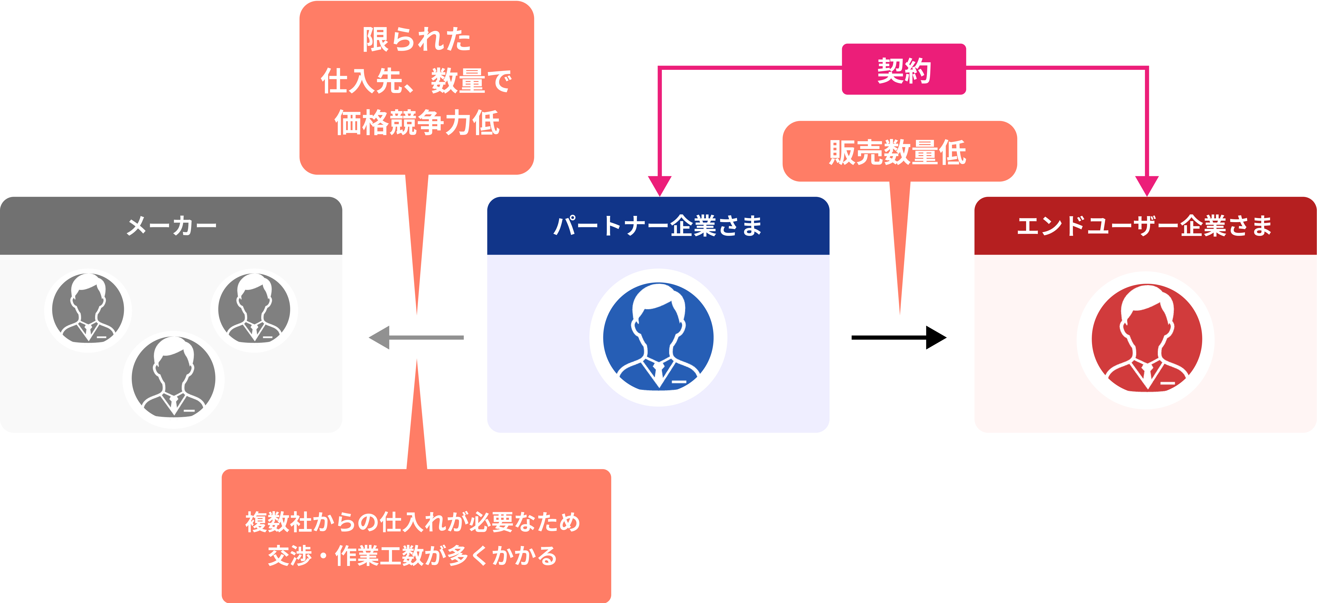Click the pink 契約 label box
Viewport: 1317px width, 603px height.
pos(903,69)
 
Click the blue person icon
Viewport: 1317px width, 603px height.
pos(658,337)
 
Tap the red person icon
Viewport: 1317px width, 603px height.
pos(1146,339)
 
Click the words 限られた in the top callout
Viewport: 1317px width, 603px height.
pos(417,40)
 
